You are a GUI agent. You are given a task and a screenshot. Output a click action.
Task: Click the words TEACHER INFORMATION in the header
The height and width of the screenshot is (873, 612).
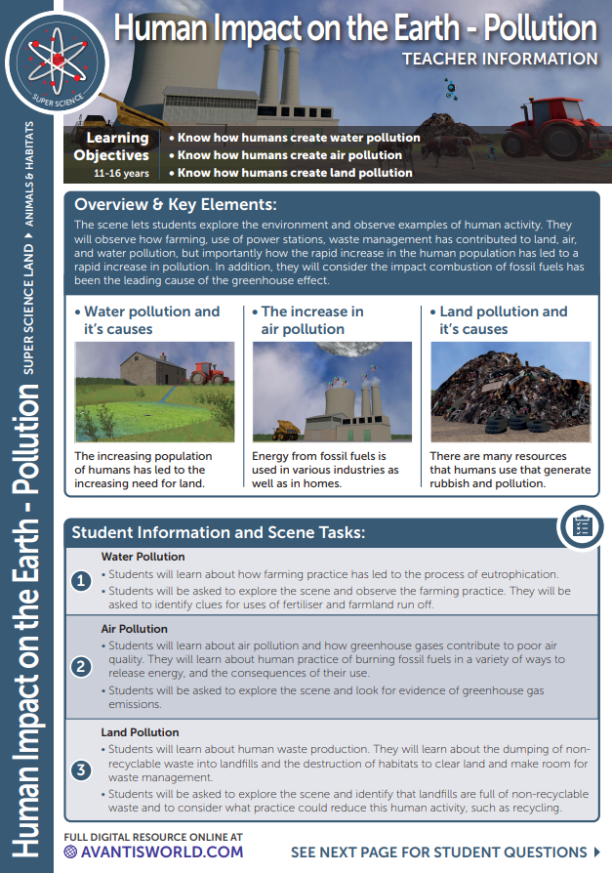(500, 59)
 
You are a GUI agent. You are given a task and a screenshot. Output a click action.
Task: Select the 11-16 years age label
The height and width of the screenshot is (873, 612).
(121, 173)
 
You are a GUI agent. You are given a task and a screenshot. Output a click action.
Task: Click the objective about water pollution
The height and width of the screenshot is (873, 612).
(295, 138)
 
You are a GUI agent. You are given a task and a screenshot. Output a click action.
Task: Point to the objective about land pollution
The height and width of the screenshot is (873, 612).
(291, 173)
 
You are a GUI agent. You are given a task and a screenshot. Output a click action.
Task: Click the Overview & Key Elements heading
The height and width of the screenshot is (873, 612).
(177, 205)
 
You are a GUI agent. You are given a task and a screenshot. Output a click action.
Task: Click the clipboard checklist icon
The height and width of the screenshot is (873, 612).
(581, 526)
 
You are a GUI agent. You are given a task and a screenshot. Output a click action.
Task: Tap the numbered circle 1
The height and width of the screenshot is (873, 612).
(82, 581)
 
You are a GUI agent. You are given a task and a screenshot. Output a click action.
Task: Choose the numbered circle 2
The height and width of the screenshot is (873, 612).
(82, 668)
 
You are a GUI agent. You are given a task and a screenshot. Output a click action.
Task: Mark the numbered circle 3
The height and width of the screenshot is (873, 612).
(82, 769)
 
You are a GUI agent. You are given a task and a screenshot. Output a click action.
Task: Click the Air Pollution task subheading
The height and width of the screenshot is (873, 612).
(135, 630)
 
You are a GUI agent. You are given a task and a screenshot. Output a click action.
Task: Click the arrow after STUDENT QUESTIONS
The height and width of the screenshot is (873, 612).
(595, 852)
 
